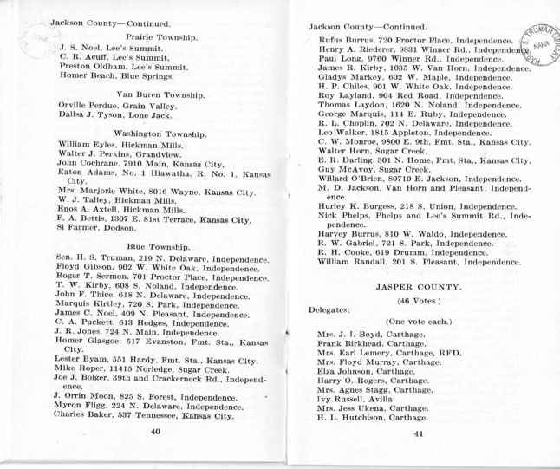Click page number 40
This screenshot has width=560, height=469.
[156, 453]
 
